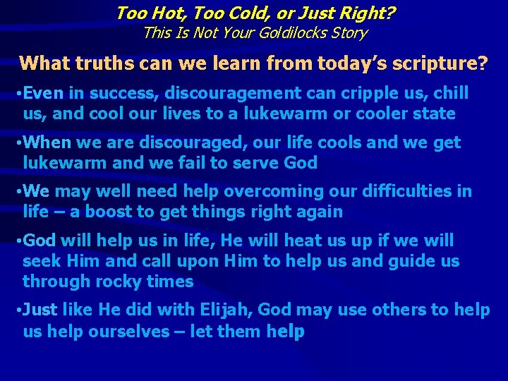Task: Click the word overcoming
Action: pos(231,191)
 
